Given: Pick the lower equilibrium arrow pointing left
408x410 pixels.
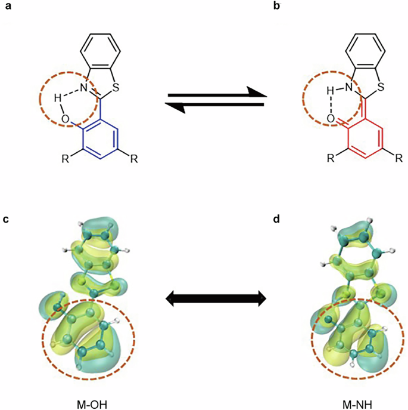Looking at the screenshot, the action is [x=214, y=106].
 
